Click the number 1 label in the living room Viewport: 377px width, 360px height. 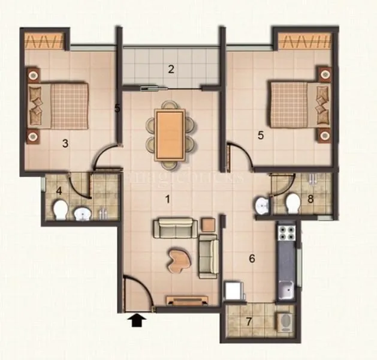coord(168,198)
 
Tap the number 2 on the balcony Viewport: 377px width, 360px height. coord(171,68)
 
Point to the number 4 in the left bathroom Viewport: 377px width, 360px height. coord(59,193)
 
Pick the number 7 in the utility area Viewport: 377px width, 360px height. coord(248,320)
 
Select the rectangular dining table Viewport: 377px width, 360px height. coord(170,133)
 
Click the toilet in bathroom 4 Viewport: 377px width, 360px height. coord(60,210)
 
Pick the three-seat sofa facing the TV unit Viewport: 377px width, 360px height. coord(174,229)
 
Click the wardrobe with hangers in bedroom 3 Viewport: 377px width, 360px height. coord(46,41)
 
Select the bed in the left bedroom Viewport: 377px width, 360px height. coord(60,105)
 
